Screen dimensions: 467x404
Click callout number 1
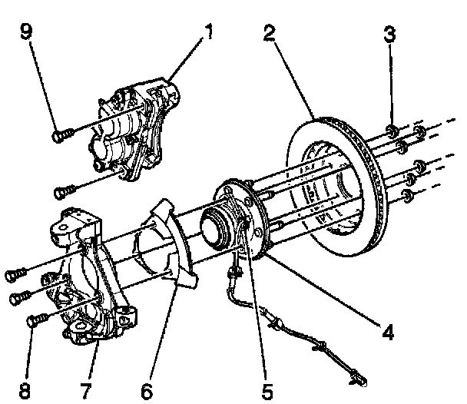[x=210, y=31]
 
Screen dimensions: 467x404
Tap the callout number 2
[x=270, y=33]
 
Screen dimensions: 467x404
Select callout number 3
[x=389, y=34]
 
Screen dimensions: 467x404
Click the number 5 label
[x=267, y=391]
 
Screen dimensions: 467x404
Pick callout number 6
[x=147, y=391]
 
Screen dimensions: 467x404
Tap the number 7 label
[x=86, y=391]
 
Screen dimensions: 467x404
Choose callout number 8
[x=25, y=391]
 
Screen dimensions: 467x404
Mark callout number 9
[x=26, y=31]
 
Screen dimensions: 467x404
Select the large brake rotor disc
[x=336, y=186]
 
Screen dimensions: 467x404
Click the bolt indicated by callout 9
[x=62, y=135]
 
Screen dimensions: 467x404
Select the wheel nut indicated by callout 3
[x=392, y=131]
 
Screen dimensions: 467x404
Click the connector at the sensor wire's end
[x=359, y=378]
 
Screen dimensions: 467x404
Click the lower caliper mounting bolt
[x=65, y=191]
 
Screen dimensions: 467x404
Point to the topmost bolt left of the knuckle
[x=15, y=274]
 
